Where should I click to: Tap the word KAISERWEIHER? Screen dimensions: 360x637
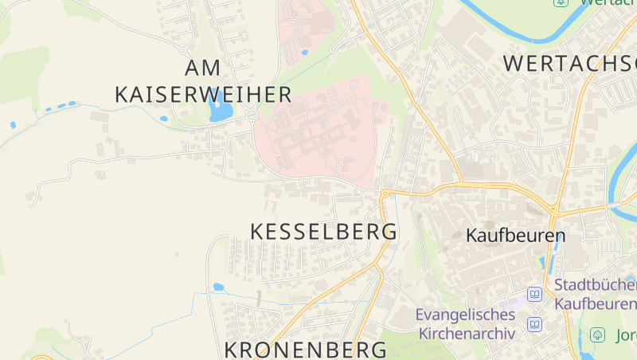tap(204, 95)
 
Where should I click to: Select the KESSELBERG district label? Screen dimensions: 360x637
tap(323, 232)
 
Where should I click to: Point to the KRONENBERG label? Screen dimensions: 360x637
tap(306, 349)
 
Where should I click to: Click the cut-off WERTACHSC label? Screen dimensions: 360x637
tap(570, 63)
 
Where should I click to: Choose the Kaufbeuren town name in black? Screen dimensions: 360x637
tap(515, 236)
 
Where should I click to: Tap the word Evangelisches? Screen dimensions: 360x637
tap(466, 315)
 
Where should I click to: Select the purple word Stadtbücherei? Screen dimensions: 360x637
tap(595, 285)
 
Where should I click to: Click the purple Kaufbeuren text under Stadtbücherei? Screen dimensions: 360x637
tap(595, 303)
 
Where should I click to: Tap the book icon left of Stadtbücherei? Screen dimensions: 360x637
tap(535, 295)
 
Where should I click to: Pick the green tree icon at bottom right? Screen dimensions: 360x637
tap(596, 335)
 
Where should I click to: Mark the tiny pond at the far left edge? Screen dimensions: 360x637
tap(13, 125)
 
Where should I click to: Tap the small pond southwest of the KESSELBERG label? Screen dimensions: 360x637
tap(218, 287)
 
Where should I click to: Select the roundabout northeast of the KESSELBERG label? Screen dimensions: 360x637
tap(385, 193)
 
